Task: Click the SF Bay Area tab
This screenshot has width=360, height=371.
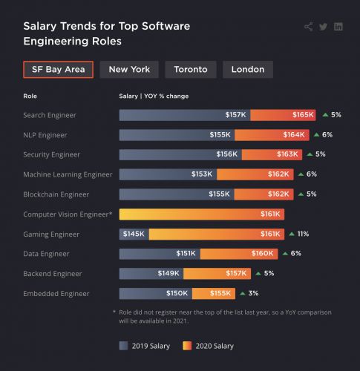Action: (x=58, y=70)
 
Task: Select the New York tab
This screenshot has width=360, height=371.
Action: (x=129, y=70)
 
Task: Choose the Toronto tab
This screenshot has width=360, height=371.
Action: (x=191, y=70)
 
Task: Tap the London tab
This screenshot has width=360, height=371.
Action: (x=248, y=70)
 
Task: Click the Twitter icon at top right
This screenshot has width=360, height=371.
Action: (x=323, y=27)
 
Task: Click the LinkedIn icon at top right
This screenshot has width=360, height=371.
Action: (x=338, y=27)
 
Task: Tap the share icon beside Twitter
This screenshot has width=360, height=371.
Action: (x=308, y=27)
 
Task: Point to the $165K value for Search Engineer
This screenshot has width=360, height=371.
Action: (x=303, y=115)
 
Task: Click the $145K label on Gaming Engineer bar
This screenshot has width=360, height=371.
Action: (x=134, y=234)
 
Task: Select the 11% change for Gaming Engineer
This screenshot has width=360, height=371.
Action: (x=302, y=234)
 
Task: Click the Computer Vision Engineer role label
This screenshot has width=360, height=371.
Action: (x=68, y=214)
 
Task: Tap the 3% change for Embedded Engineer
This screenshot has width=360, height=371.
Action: (x=253, y=293)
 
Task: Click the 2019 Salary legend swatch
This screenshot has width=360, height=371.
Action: (x=123, y=346)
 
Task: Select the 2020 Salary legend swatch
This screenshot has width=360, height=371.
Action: (x=187, y=346)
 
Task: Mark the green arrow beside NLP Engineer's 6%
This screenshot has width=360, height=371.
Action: (x=316, y=134)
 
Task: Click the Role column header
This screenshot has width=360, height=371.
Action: (x=30, y=96)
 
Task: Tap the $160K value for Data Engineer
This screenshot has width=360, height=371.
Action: (x=262, y=253)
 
